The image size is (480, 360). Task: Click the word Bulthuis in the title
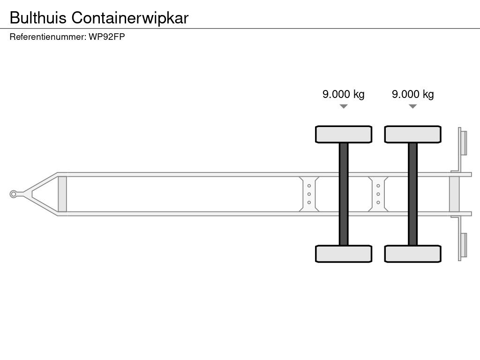pyautogui.click(x=38, y=17)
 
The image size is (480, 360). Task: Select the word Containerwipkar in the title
pyautogui.click(x=130, y=17)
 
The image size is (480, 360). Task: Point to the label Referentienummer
pyautogui.click(x=47, y=37)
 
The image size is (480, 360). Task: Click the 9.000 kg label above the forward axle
pyautogui.click(x=343, y=94)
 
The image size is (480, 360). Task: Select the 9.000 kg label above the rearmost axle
pyautogui.click(x=412, y=94)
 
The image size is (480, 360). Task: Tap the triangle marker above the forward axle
pyautogui.click(x=344, y=106)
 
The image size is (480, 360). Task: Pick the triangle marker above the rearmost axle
pyautogui.click(x=412, y=106)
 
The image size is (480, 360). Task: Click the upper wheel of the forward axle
pyautogui.click(x=344, y=134)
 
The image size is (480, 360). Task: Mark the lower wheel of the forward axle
pyautogui.click(x=344, y=254)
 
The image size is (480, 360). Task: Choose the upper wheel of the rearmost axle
pyautogui.click(x=412, y=134)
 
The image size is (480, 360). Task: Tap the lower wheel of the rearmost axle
pyautogui.click(x=412, y=254)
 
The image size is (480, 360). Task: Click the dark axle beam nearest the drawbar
pyautogui.click(x=344, y=194)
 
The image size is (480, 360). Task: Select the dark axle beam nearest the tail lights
pyautogui.click(x=412, y=194)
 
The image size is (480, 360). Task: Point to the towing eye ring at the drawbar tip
pyautogui.click(x=14, y=194)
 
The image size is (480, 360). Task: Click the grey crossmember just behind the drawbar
pyautogui.click(x=62, y=194)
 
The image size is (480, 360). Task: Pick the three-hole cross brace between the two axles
pyautogui.click(x=378, y=194)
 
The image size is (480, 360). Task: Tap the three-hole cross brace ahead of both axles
pyautogui.click(x=309, y=194)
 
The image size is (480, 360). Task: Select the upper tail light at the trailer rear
pyautogui.click(x=463, y=142)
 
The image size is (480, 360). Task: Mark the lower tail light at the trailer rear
pyautogui.click(x=463, y=246)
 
